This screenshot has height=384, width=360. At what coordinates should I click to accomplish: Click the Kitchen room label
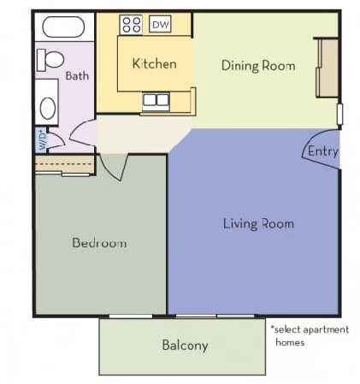[x=154, y=64]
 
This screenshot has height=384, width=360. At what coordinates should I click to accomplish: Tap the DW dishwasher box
[x=160, y=25]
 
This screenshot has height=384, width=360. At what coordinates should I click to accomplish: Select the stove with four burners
[x=131, y=25]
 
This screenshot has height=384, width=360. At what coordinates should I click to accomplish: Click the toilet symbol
[x=51, y=60]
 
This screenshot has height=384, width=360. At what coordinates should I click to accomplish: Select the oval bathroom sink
[x=48, y=109]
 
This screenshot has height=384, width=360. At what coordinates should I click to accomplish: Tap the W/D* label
[x=40, y=138]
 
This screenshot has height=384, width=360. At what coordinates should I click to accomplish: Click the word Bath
[x=77, y=75]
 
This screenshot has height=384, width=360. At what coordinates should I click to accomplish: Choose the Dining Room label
[x=258, y=65]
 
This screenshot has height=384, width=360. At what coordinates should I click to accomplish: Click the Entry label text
[x=323, y=152]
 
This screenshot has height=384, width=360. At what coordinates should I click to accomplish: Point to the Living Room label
[x=258, y=224]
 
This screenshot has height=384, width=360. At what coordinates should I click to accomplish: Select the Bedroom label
[x=99, y=243]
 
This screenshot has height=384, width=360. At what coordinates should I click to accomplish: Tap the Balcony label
[x=185, y=346]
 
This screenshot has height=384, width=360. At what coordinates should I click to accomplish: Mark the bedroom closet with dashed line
[x=64, y=163]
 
